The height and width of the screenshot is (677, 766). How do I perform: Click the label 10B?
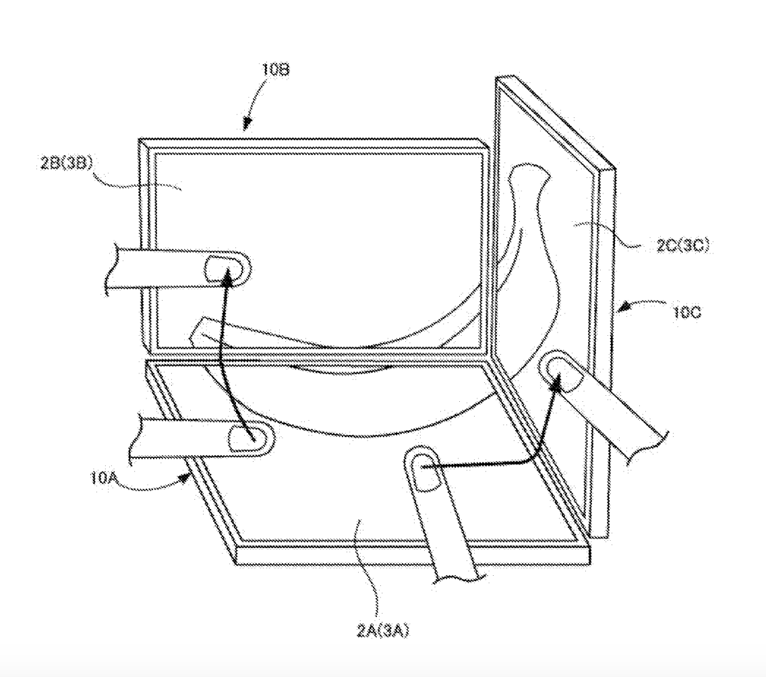point(276,69)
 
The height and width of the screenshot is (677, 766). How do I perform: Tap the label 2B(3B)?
point(67,163)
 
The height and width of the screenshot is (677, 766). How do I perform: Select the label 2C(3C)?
point(683,245)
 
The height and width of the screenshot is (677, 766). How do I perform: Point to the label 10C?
point(687,312)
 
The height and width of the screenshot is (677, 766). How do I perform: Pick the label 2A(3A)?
point(382,631)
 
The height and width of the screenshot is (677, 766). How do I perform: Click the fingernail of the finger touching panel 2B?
point(223,269)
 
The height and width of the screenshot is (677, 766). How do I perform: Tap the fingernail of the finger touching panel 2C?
point(561,375)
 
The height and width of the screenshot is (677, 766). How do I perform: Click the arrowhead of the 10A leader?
point(186,476)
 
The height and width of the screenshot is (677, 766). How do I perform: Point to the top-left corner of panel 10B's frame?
point(139,140)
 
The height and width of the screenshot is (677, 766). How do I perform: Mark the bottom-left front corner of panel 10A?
point(237,565)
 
